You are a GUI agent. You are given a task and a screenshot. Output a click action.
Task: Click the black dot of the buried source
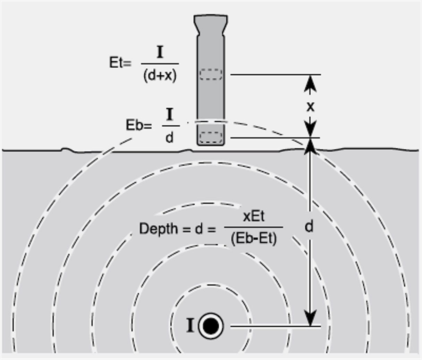point(211,326)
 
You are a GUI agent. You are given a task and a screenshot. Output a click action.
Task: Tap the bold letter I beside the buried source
point(190,326)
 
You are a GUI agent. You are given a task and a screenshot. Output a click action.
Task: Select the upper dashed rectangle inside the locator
point(211,74)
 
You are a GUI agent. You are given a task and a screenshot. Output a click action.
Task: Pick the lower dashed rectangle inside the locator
point(211,137)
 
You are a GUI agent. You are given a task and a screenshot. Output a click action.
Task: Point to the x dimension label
point(310,107)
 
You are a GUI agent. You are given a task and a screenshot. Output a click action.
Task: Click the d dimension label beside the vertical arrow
point(309,227)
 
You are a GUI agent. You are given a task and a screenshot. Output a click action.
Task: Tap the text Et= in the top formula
point(120,63)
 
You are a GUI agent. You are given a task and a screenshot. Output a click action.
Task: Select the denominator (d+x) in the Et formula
point(160,75)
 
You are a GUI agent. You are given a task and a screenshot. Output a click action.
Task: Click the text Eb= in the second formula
point(138,125)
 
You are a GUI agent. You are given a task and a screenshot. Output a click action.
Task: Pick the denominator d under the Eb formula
point(169,138)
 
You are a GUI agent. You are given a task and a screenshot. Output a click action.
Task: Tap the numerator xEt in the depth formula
point(254,216)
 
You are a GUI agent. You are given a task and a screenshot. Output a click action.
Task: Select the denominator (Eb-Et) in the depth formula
point(254,239)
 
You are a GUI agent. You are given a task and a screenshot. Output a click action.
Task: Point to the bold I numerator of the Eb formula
point(170,114)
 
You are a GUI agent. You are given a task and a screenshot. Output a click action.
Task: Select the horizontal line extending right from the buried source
point(274,326)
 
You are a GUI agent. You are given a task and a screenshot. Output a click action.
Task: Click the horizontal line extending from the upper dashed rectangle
point(274,74)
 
